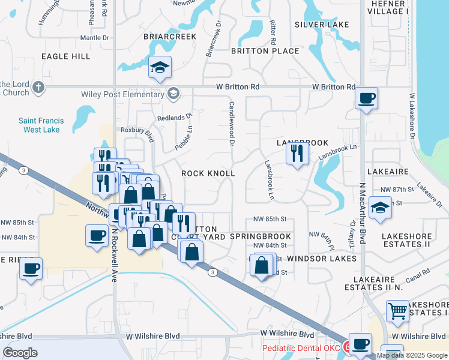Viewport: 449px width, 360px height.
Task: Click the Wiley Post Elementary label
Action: coord(122,94)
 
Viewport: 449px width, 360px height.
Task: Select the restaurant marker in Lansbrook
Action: coord(297,154)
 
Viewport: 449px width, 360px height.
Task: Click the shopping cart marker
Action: coord(397,311)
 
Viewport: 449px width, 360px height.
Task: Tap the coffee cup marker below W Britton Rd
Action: coord(367,98)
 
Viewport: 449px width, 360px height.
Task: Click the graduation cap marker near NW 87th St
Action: coord(379,208)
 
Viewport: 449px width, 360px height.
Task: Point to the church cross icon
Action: coord(38,88)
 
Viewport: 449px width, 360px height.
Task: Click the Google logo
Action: coord(20,352)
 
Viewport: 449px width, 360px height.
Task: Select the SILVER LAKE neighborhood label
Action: coord(322,25)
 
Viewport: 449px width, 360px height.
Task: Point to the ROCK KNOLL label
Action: coord(208,173)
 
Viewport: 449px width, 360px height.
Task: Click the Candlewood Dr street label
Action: coord(231,123)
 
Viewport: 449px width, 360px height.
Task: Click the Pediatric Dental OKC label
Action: coord(301,349)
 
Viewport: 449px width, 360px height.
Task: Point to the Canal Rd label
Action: coord(417,275)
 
